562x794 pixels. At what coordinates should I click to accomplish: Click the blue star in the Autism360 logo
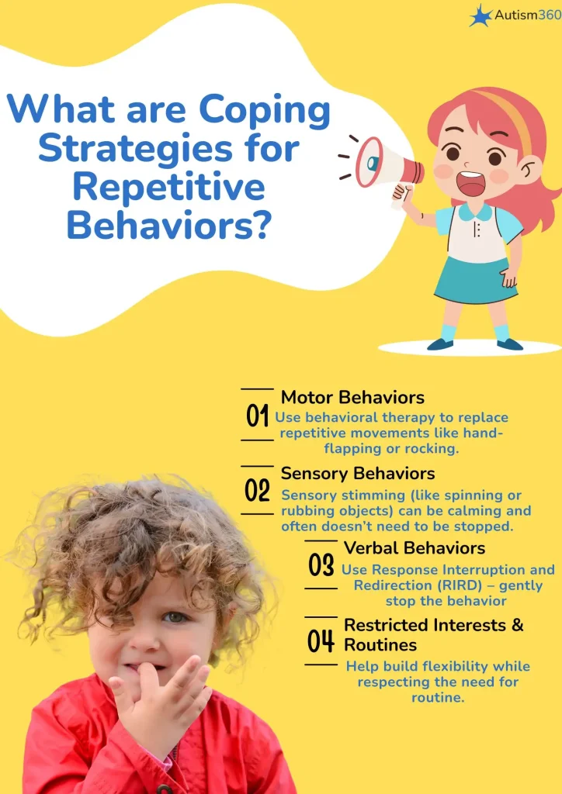pos(480,16)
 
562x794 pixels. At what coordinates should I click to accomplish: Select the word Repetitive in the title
pos(168,188)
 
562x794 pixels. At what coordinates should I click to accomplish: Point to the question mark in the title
pos(260,225)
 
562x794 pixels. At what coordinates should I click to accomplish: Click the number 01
pos(257,416)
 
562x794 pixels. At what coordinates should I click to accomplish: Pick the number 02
pos(257,490)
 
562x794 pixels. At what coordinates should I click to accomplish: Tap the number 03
pos(321,564)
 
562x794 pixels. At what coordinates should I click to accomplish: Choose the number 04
pos(321,640)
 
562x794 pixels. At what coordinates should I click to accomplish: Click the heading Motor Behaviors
pos(352,398)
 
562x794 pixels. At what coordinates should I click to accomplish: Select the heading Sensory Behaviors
pos(358,474)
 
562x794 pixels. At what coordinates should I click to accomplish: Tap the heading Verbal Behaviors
pos(415,548)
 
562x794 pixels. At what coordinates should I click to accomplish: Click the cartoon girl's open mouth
pos(471,182)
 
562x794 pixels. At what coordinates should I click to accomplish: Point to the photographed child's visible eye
pos(174,617)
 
